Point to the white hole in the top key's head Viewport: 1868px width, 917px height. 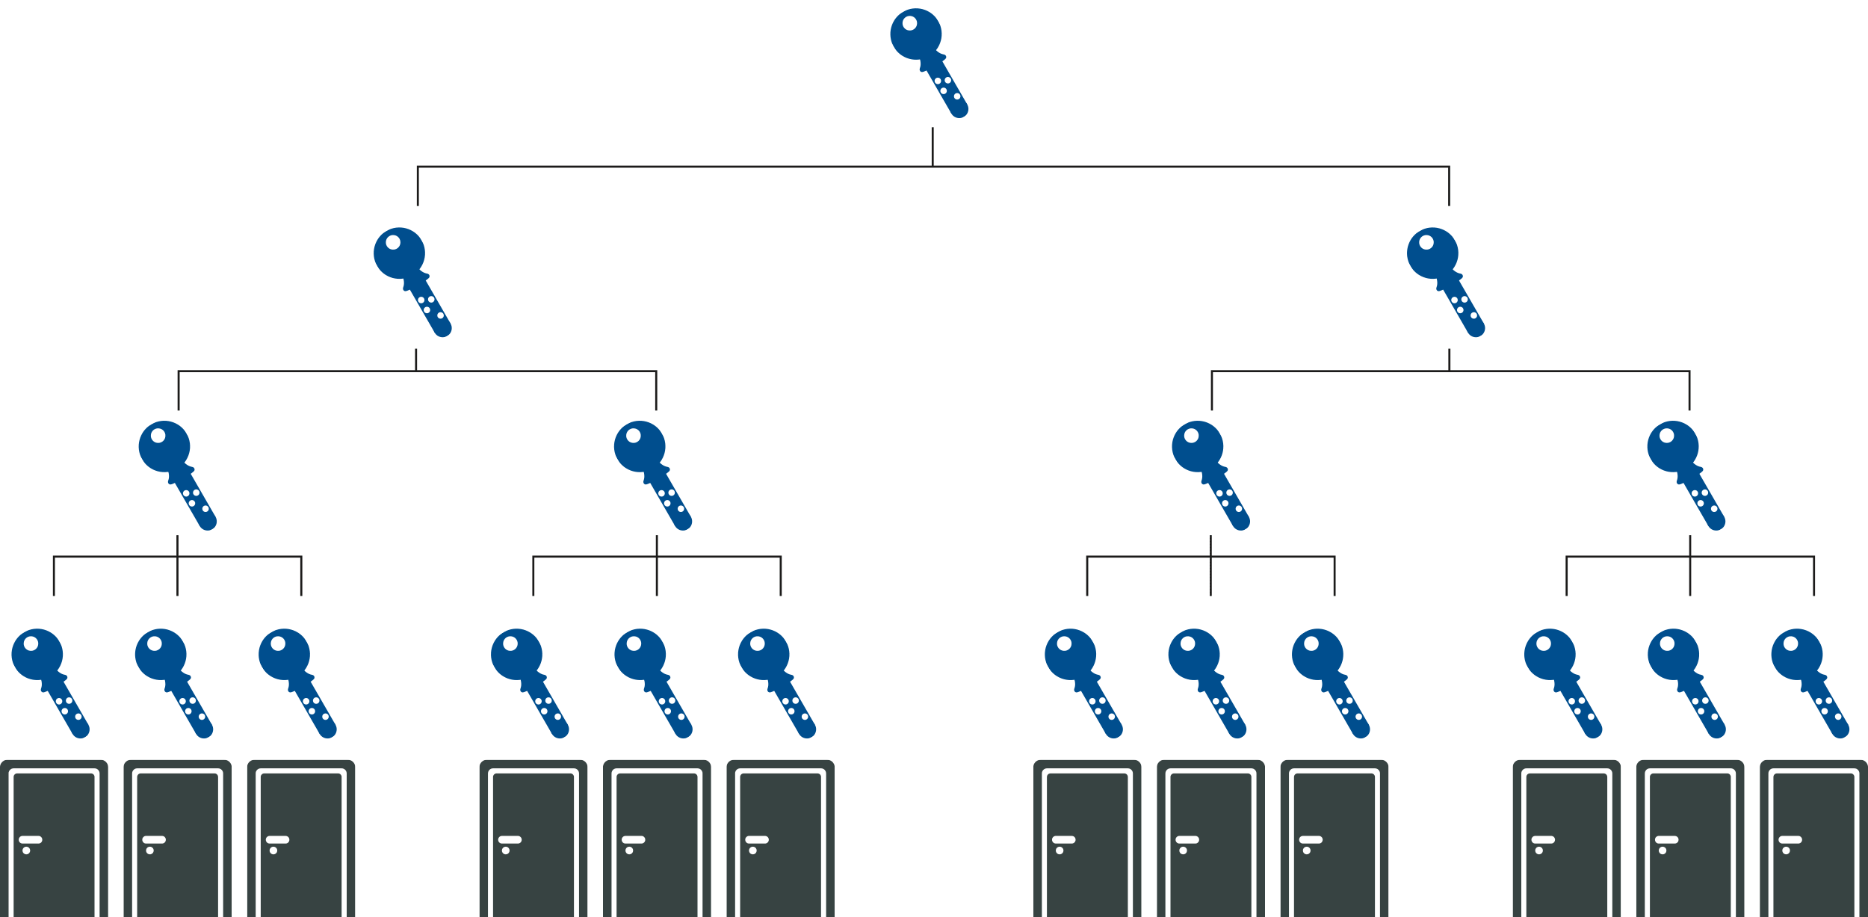pyautogui.click(x=909, y=23)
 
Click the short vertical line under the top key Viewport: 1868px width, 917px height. pyautogui.click(x=933, y=146)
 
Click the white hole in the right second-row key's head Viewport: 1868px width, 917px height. pyautogui.click(x=1426, y=242)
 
